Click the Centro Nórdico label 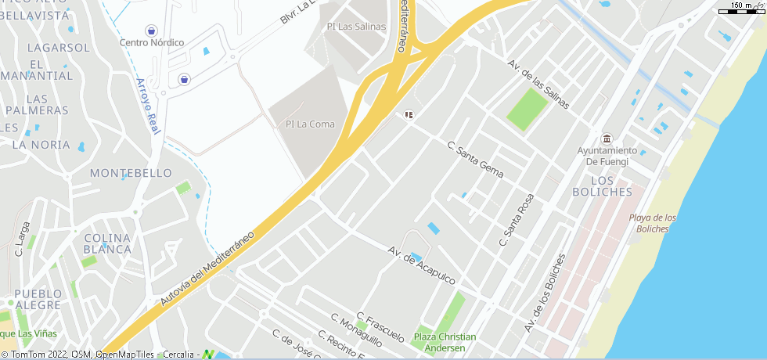point(152,42)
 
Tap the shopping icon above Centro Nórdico point(151,30)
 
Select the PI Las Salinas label point(356,27)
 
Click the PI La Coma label point(310,124)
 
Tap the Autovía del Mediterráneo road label point(208,268)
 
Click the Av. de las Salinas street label point(538,85)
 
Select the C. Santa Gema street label point(476,159)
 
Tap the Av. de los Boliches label point(545,293)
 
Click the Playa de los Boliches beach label point(654,223)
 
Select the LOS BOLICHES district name point(602,185)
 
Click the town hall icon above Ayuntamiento point(607,139)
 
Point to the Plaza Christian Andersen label point(445,342)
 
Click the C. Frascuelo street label point(380,327)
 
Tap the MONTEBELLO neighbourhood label point(131,172)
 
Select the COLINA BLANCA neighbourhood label point(107,243)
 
